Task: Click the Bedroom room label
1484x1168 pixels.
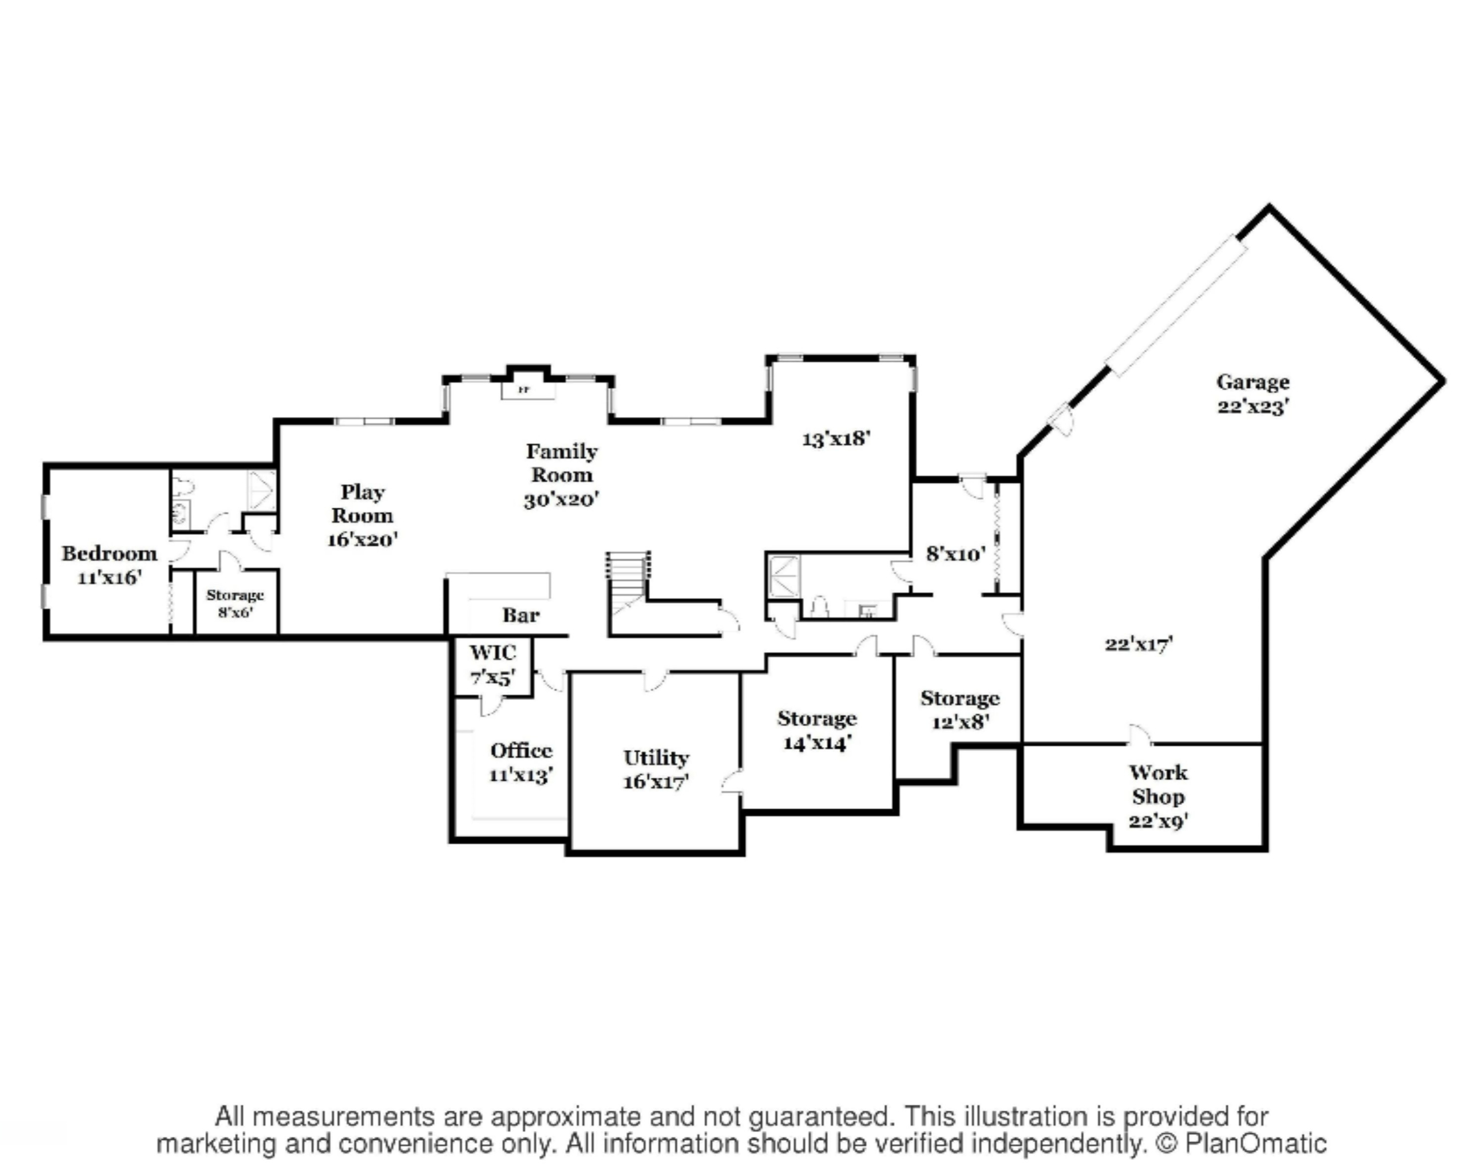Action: point(109,565)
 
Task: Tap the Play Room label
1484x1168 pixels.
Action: point(363,515)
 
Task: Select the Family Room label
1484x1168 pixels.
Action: point(561,474)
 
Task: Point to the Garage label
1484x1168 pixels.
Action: point(1253,393)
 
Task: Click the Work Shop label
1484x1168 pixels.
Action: point(1158,796)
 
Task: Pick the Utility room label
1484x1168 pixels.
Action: point(656,769)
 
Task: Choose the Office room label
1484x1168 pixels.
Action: point(521,762)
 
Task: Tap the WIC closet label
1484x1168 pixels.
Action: point(492,664)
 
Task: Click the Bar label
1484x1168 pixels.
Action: point(521,615)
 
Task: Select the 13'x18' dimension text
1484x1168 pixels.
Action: point(835,438)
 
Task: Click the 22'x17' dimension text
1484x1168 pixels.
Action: point(1139,644)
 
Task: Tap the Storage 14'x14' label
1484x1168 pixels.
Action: point(817,730)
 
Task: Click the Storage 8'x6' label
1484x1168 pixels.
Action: point(235,603)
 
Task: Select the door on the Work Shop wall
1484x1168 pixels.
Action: point(1139,735)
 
